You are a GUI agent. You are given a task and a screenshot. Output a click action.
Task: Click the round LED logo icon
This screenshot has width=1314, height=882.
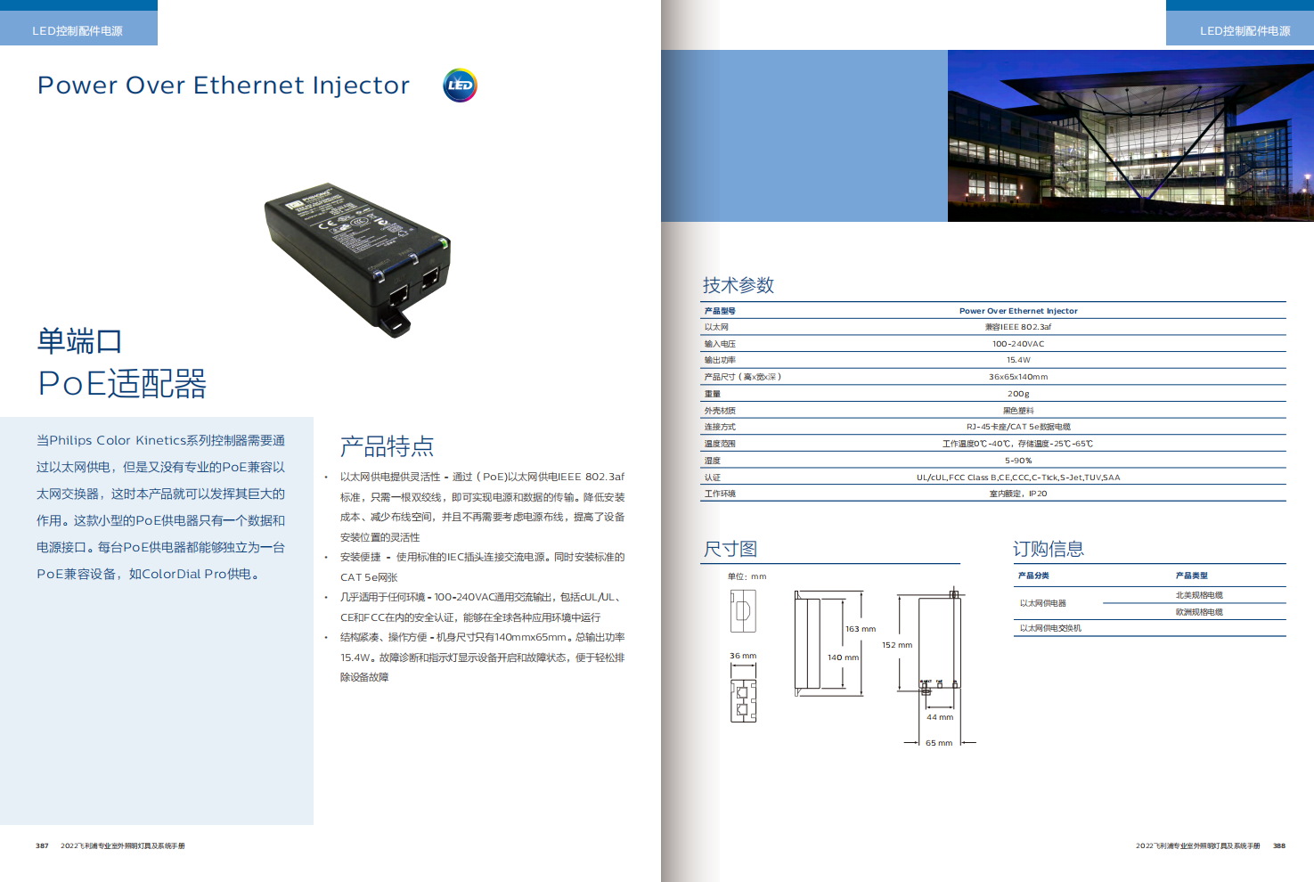coord(460,86)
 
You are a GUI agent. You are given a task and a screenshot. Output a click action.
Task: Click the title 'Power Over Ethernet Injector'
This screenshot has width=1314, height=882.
coord(224,86)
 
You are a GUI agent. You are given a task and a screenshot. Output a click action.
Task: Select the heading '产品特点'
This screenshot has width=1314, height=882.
coord(387,446)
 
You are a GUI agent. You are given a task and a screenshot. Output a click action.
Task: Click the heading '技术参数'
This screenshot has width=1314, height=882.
coord(738,285)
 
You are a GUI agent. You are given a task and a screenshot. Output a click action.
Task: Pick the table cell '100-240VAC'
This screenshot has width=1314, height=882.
coord(1018,344)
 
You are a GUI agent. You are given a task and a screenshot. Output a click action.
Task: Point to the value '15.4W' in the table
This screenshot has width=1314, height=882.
coord(1018,360)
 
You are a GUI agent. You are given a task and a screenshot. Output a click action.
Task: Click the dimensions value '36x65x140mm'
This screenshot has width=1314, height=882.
coord(1018,377)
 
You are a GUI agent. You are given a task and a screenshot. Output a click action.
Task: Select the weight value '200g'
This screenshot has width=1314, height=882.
coord(1018,394)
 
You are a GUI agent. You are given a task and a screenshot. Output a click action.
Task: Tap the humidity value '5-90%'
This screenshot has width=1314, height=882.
coord(1018,461)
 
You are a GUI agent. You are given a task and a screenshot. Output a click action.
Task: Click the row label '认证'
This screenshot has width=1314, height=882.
coord(713,478)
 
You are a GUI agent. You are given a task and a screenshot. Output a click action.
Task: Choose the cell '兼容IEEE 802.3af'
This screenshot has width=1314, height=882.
coord(1018,327)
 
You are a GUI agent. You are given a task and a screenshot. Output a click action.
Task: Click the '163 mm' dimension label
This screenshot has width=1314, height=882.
coord(861,629)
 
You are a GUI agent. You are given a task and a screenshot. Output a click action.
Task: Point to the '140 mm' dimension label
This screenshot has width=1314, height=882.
coord(843,657)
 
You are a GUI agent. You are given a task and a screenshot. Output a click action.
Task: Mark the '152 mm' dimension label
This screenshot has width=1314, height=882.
coord(897,645)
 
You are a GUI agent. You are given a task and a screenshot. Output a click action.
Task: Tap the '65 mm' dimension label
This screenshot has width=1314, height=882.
coord(939,743)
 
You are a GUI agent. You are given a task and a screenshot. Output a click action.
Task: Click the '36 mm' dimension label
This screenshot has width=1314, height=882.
coord(743,656)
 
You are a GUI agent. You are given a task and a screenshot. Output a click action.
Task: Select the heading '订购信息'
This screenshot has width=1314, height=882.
coord(1048,549)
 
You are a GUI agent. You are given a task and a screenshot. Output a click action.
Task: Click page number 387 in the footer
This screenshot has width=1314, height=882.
coord(42,845)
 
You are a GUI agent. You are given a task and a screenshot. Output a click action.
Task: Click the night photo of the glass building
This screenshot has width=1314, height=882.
coord(1130,135)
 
